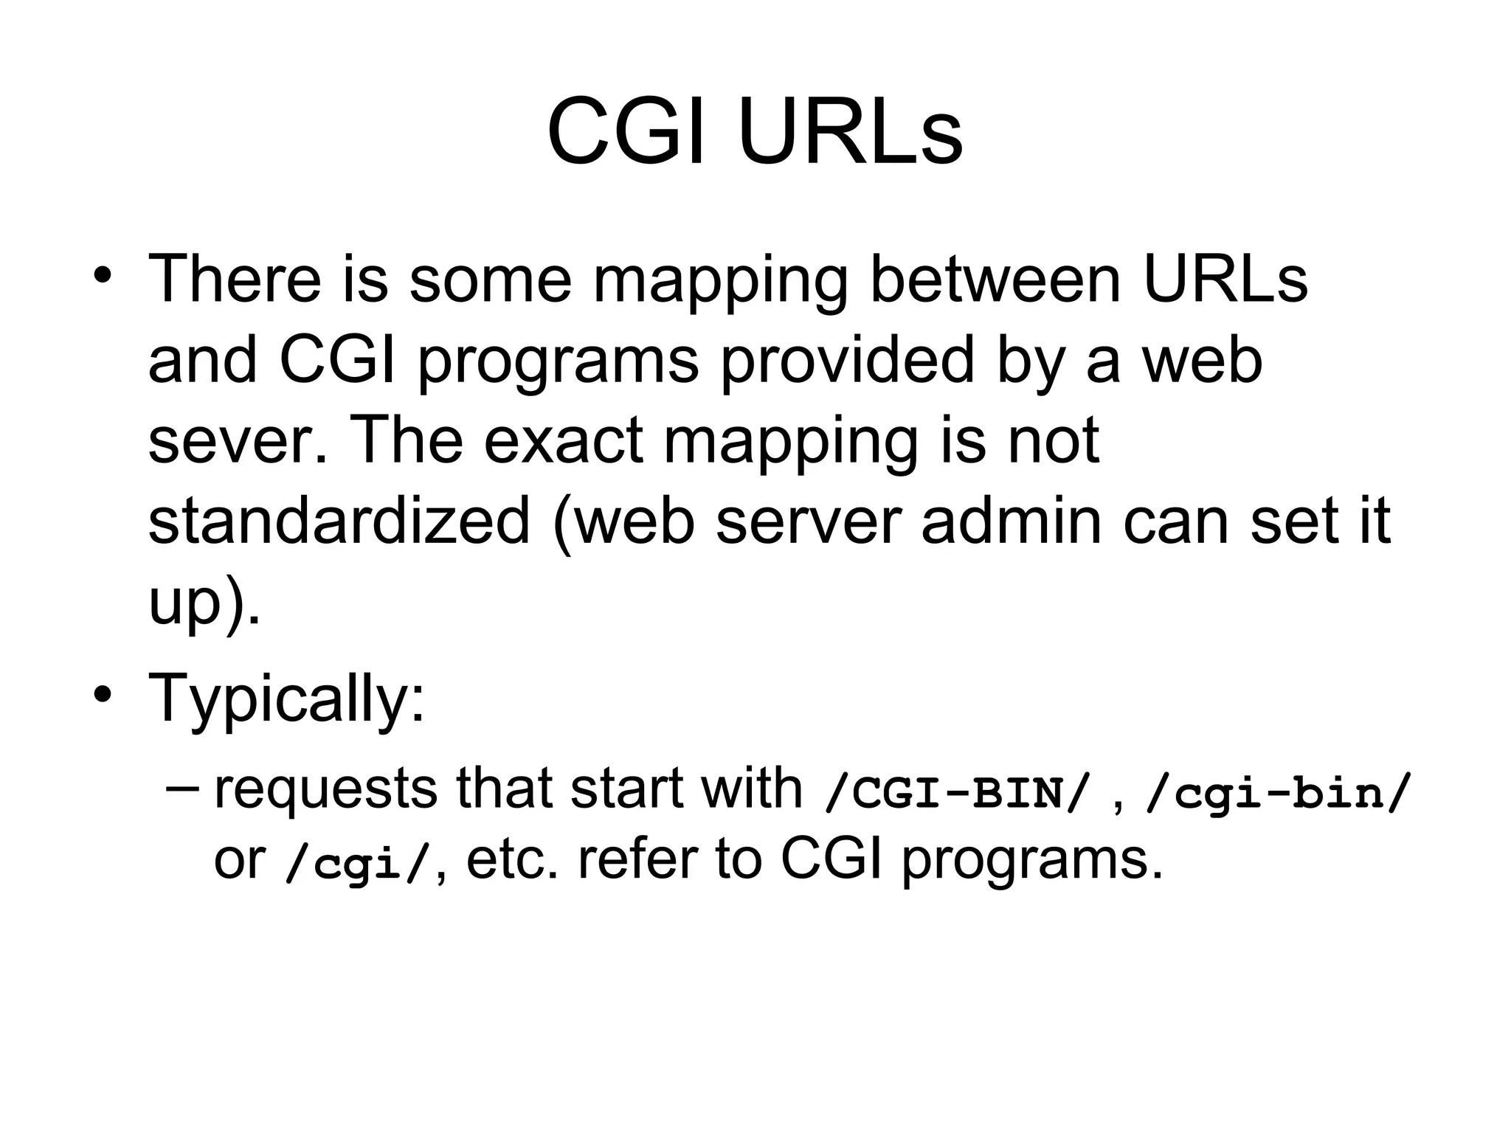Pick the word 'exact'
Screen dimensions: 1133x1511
[564, 441]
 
